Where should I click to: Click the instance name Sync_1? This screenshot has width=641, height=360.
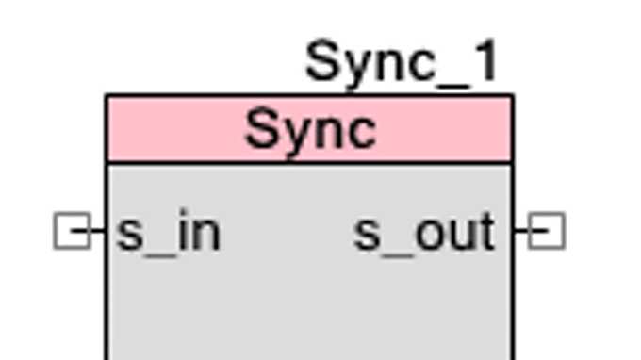402,62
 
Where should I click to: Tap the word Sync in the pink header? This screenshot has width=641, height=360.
310,130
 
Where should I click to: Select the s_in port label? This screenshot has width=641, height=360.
168,233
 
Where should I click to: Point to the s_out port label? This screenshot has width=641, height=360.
424,233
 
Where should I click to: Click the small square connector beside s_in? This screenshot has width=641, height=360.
72,231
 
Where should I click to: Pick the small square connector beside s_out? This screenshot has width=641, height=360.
546,231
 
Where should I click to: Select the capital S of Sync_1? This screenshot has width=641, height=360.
323,62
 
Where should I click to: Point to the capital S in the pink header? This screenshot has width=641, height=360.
262,130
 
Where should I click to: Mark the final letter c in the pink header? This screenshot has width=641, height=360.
360,133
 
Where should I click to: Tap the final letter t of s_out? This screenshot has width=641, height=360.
485,232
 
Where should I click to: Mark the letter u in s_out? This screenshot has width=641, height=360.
458,235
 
